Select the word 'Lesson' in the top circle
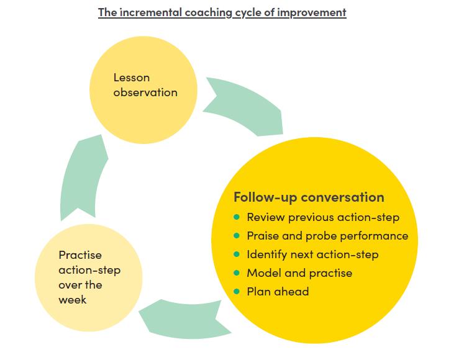132,78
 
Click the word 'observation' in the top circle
145,92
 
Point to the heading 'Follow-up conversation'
309,197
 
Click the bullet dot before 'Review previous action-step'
237,217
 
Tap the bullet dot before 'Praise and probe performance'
237,235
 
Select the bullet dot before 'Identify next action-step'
237,254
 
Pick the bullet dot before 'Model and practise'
237,272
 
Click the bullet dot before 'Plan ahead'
237,291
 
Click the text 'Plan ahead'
278,292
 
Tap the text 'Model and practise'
299,273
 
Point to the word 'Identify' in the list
267,254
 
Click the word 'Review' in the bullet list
266,217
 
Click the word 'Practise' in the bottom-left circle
80,255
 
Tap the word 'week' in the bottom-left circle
73,300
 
